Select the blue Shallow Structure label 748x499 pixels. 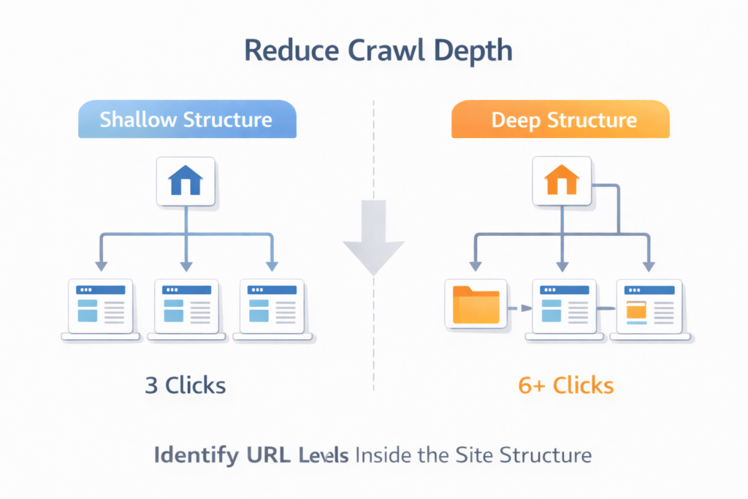tap(186, 120)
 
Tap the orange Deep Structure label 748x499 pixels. tap(560, 120)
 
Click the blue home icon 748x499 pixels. tap(186, 180)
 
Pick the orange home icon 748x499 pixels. tap(561, 180)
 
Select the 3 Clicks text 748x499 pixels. tap(186, 385)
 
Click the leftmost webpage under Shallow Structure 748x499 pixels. tap(100, 307)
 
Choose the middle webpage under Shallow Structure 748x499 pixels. tap(186, 307)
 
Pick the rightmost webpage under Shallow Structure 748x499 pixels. tap(272, 307)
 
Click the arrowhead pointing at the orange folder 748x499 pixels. tap(476, 267)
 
